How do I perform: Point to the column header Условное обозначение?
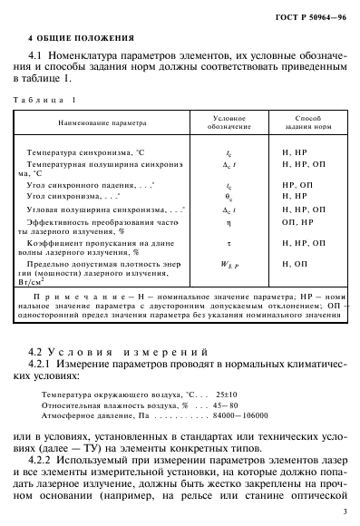click(229, 121)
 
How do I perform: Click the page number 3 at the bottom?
click(346, 511)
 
